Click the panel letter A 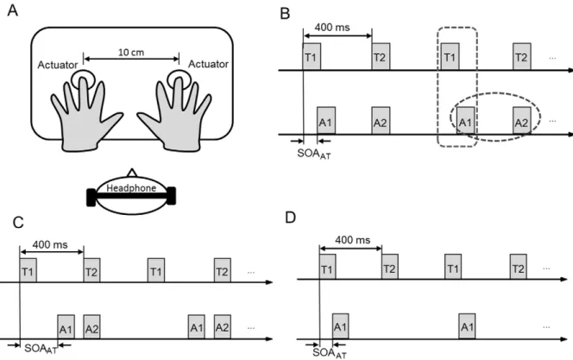tap(13, 10)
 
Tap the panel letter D tap(290, 218)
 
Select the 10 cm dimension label tap(131, 53)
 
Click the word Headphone tap(131, 188)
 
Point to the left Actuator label tap(58, 65)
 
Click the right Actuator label tap(208, 64)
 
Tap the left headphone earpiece tap(91, 198)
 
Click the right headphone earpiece tap(171, 196)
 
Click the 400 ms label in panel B tap(332, 28)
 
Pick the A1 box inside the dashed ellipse tap(465, 121)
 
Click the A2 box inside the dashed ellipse tap(521, 121)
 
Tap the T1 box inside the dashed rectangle tap(450, 56)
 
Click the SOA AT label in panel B tap(314, 154)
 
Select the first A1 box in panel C tap(66, 326)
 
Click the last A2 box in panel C tap(222, 326)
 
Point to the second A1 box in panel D tap(467, 326)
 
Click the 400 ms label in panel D tap(353, 240)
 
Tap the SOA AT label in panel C tap(41, 349)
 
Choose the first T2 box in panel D tap(390, 267)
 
